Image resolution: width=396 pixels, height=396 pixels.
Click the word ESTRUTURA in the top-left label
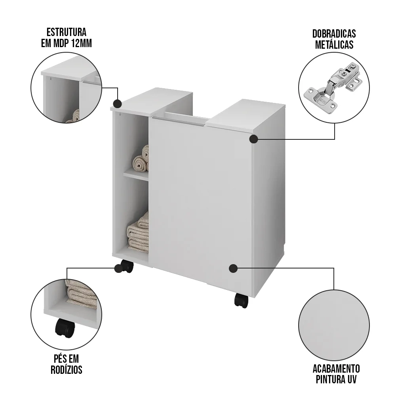coord(66,32)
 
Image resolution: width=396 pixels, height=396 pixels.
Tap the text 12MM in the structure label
coord(81,43)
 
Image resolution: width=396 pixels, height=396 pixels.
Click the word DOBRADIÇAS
coord(334,34)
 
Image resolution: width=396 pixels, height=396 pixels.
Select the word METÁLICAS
coord(334,44)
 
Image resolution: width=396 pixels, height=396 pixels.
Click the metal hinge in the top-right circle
coord(333,88)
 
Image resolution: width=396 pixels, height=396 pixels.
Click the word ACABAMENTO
coord(336,369)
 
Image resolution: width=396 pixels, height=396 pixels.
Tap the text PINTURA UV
coord(336,380)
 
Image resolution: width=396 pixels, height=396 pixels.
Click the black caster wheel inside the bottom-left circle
coord(65,328)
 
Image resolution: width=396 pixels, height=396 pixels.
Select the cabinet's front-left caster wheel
coord(126,266)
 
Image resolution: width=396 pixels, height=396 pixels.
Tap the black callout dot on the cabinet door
coord(233,268)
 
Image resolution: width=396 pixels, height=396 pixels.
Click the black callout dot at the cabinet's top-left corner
coord(117,104)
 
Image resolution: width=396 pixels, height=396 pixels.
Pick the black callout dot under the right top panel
coord(253,139)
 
